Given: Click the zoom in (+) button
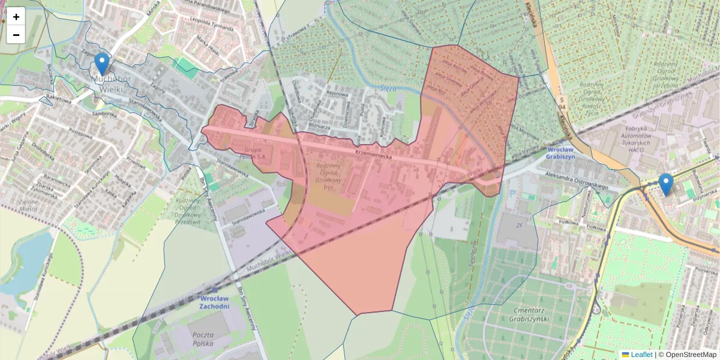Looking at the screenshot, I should click(16, 17).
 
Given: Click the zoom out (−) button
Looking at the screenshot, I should click(16, 35).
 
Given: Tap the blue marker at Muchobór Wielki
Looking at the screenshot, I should click(102, 64).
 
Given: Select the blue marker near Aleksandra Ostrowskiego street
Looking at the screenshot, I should click(665, 184).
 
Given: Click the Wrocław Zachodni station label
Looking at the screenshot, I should click(214, 302).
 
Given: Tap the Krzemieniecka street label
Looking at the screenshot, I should click(373, 154).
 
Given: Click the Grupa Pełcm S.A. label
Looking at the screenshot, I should click(255, 152).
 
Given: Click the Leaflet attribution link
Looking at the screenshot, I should click(641, 355).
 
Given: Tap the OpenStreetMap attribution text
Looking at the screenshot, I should click(691, 355).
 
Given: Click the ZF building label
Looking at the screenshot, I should click(519, 226).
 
